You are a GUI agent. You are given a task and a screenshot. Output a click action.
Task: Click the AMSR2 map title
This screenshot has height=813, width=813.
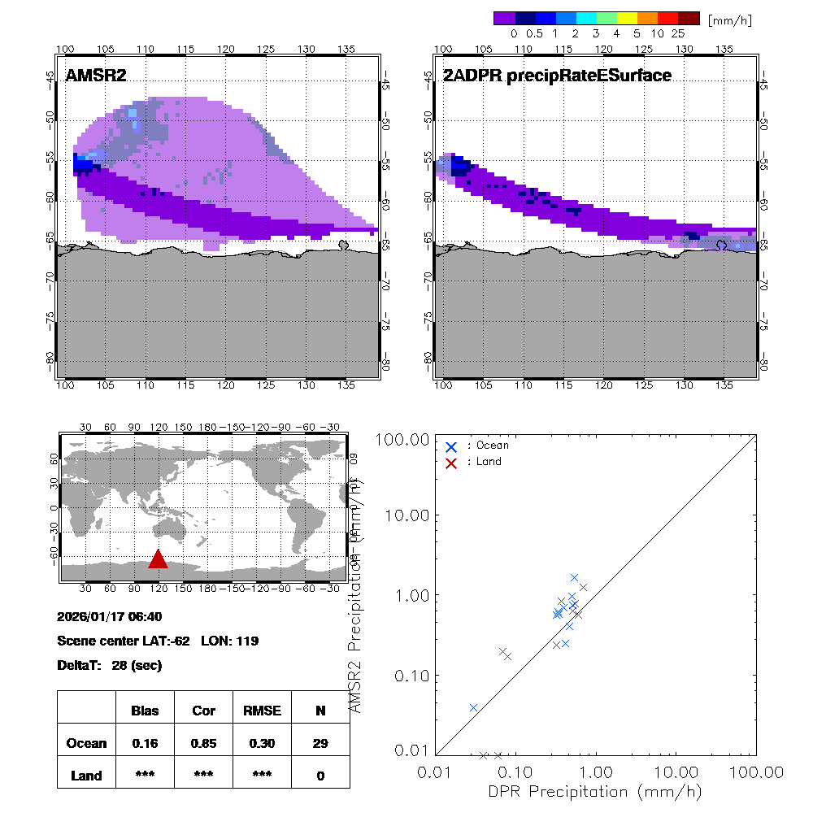click(x=96, y=76)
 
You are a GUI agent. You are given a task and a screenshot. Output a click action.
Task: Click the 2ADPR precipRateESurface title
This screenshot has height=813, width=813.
click(x=557, y=76)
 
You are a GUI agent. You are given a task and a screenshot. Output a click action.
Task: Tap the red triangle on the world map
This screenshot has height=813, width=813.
click(x=158, y=559)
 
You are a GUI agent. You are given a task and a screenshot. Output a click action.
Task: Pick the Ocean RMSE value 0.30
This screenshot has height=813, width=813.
click(x=262, y=743)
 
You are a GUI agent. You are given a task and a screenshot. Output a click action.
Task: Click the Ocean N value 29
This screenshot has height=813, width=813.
click(x=320, y=743)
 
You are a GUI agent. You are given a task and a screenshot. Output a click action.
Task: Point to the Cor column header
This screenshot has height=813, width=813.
click(x=203, y=711)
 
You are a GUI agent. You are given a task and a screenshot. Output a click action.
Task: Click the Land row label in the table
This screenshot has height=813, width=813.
click(x=86, y=776)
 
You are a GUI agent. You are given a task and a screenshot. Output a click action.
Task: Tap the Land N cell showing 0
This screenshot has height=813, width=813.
click(x=320, y=776)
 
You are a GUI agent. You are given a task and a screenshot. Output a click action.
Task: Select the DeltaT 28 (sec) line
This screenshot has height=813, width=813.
click(x=110, y=665)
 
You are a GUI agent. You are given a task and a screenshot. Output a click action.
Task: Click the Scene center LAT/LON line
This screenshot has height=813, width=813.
click(x=158, y=641)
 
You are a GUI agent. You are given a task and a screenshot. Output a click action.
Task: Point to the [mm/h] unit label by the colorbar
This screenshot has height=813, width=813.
click(x=730, y=20)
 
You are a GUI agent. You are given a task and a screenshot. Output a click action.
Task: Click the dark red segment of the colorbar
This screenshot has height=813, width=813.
click(x=689, y=18)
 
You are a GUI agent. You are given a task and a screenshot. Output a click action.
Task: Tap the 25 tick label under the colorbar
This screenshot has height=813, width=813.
click(x=678, y=34)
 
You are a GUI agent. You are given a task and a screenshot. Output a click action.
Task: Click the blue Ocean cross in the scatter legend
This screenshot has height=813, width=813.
click(x=452, y=446)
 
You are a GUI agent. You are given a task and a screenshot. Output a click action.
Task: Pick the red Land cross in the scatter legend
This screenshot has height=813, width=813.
click(x=452, y=462)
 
